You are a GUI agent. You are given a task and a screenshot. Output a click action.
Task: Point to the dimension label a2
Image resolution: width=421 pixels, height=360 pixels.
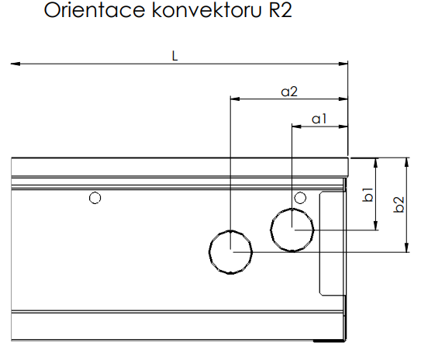[x=288, y=92]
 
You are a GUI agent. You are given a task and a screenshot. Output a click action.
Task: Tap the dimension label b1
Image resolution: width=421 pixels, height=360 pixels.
[x=369, y=193]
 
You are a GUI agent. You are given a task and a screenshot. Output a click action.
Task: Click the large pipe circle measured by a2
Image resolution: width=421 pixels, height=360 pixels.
[x=231, y=252]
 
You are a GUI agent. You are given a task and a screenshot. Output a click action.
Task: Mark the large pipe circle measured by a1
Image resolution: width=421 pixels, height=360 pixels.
[x=292, y=230]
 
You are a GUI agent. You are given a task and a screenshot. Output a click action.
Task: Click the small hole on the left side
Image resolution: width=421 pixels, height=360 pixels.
[x=95, y=198]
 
